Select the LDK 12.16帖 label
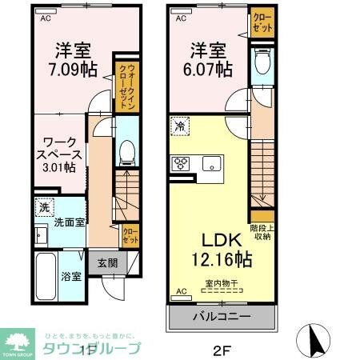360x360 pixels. pos(223,250)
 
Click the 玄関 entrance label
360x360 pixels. pos(108,262)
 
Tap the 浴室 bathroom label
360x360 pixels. pos(71,278)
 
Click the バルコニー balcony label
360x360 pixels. pos(222,317)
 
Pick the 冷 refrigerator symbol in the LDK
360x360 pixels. pos(182,126)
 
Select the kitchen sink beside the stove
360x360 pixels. pos(211,165)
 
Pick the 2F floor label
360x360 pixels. pos(222,348)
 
